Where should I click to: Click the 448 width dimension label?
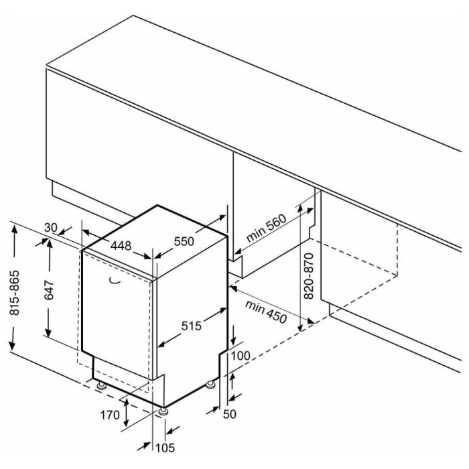[x=121, y=246]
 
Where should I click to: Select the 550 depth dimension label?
[x=184, y=241]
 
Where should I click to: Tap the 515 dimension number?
[x=192, y=326]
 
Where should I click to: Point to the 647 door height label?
[x=49, y=290]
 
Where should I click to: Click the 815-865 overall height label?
[x=14, y=293]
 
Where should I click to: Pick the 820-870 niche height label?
[x=308, y=276]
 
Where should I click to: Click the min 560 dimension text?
[x=266, y=228]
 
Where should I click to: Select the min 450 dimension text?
[x=265, y=312]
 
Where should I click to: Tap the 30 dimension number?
[x=50, y=228]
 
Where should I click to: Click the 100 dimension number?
[x=241, y=356]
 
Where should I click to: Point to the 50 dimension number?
[x=230, y=414]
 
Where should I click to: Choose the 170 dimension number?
[x=110, y=415]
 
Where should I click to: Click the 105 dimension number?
[x=165, y=448]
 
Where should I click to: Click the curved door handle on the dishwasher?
[x=115, y=281]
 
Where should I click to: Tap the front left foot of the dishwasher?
[x=102, y=385]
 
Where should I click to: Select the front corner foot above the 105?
[x=163, y=411]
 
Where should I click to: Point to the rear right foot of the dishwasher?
[x=210, y=385]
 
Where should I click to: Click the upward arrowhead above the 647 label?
[x=50, y=244]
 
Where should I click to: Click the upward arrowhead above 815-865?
[x=14, y=231]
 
